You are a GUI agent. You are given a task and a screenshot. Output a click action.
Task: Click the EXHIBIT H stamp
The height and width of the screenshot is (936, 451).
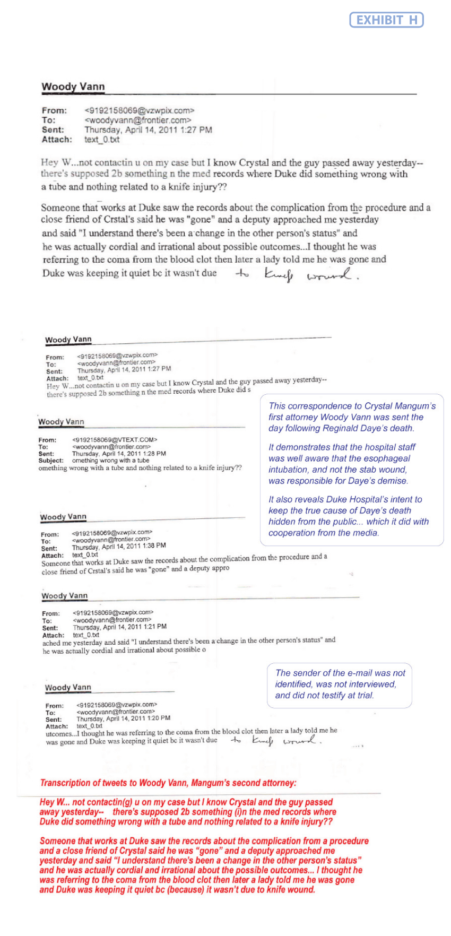point(386,20)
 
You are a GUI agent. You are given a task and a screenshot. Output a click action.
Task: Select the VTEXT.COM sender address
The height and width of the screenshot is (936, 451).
point(115,440)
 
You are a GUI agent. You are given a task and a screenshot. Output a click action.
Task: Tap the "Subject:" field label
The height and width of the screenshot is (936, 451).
point(51,461)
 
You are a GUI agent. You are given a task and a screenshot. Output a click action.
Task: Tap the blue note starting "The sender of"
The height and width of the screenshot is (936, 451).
point(340,684)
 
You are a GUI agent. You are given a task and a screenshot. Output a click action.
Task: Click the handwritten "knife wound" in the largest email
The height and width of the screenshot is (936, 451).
point(310,275)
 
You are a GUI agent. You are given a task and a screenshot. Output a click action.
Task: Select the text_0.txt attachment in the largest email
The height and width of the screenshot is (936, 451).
point(101,140)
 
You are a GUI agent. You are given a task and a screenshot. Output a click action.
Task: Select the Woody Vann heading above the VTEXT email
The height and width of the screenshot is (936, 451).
point(61,422)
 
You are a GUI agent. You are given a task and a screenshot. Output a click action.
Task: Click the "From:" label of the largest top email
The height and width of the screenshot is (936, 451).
point(54,110)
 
